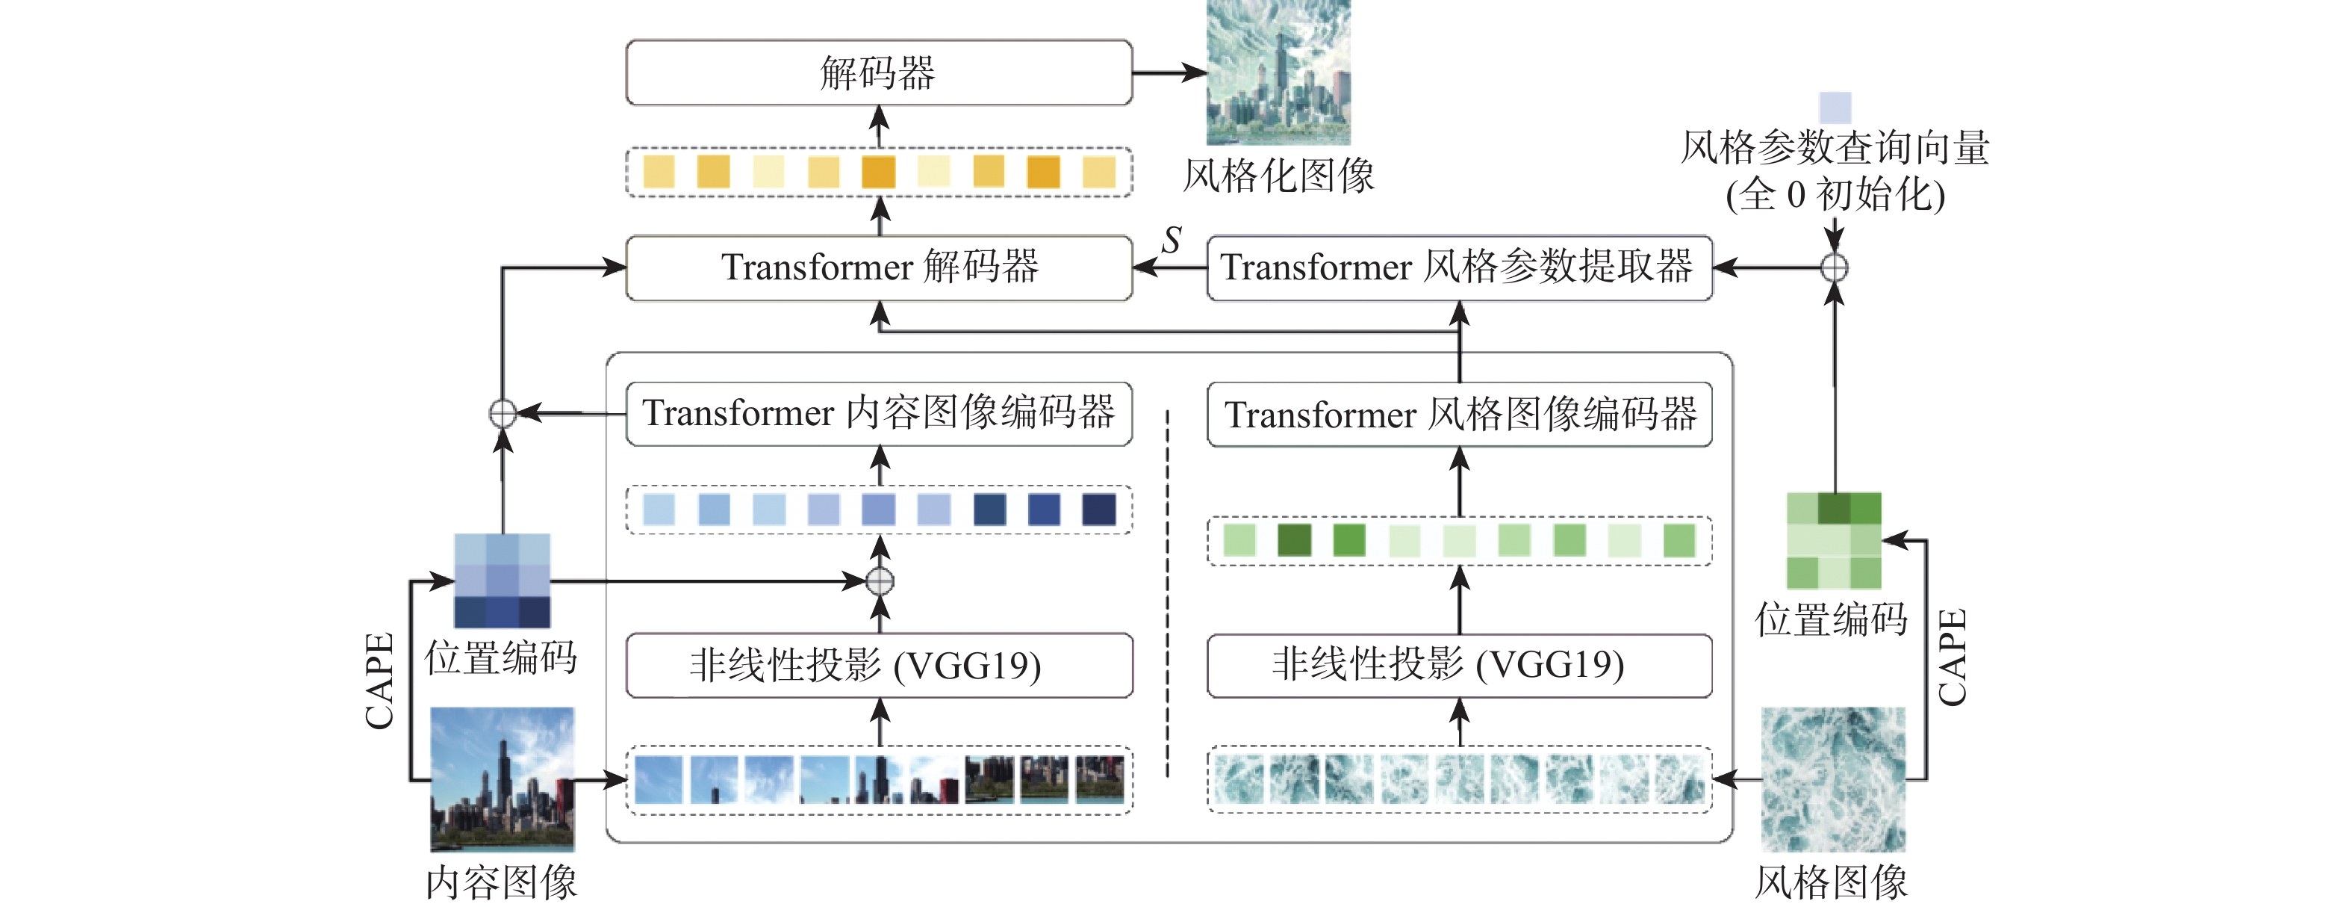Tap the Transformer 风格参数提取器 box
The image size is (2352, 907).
click(x=1459, y=267)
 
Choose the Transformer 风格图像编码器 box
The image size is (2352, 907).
click(x=1459, y=415)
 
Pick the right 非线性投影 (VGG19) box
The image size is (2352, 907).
click(x=1459, y=666)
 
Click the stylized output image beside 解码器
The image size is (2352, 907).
click(x=1278, y=72)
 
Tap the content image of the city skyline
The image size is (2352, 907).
click(x=503, y=779)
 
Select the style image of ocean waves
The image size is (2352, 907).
click(x=1832, y=779)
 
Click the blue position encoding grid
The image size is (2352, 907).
click(x=503, y=580)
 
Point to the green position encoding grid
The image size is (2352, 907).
click(x=1833, y=541)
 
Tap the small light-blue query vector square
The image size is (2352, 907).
click(x=1835, y=108)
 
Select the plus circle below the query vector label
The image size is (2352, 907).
click(x=1835, y=267)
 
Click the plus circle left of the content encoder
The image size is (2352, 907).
click(x=503, y=414)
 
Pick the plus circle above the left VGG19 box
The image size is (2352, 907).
click(x=880, y=581)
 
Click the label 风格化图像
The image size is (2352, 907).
click(x=1278, y=176)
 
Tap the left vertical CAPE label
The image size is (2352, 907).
click(x=379, y=681)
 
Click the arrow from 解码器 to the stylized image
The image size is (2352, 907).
click(x=1169, y=72)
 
